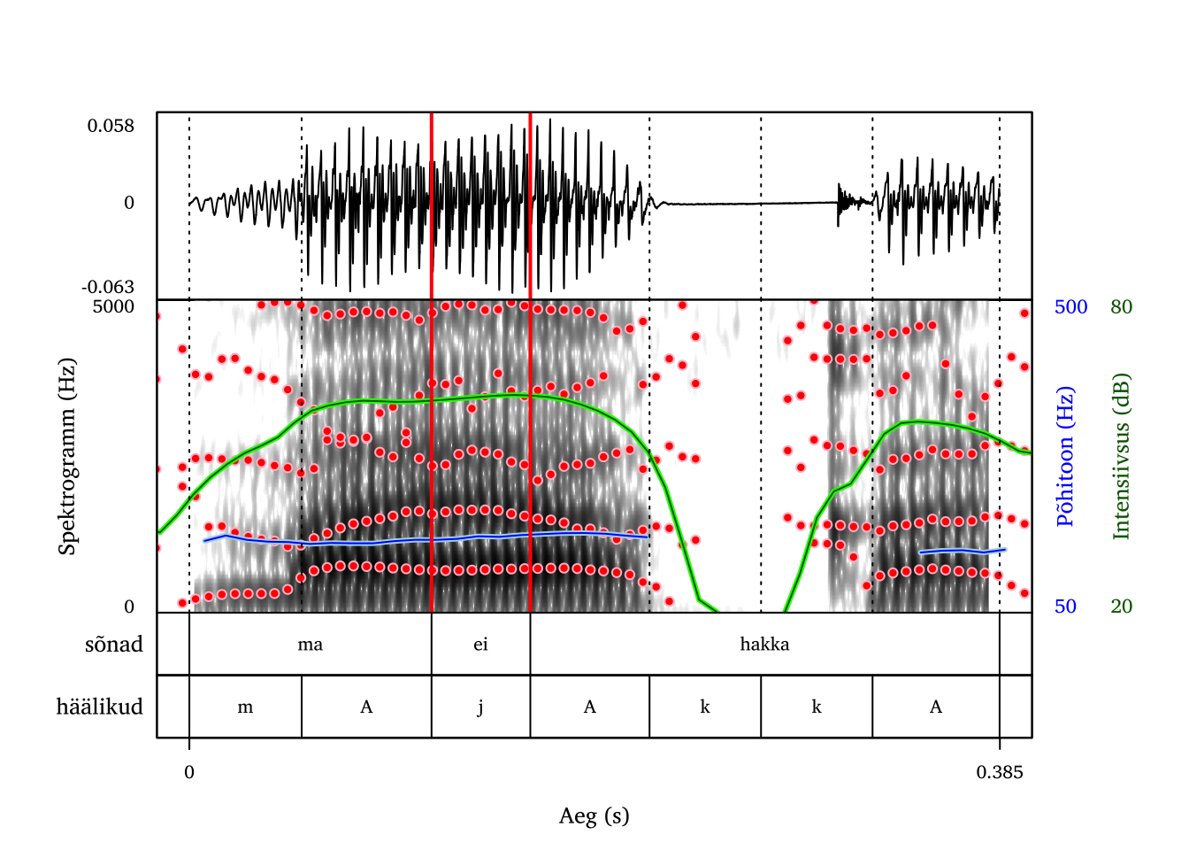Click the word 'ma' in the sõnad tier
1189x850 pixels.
click(x=311, y=645)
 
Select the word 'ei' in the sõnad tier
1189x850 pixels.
click(x=480, y=645)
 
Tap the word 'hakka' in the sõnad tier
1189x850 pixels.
click(x=764, y=645)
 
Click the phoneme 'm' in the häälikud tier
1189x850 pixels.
click(x=245, y=707)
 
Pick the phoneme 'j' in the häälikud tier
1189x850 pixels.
click(x=480, y=707)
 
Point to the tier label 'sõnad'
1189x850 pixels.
click(x=114, y=645)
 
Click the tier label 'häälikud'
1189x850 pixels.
click(x=99, y=707)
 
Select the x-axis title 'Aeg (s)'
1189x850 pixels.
click(x=594, y=815)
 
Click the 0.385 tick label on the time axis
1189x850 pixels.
click(x=1000, y=772)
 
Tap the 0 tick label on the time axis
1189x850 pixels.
click(x=189, y=772)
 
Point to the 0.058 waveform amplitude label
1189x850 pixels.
click(x=111, y=126)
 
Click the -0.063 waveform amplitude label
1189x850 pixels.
click(x=108, y=287)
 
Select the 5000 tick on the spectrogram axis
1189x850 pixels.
click(x=113, y=306)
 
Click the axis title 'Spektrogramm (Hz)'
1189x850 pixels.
click(x=67, y=456)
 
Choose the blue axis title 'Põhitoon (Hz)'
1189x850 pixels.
click(x=1065, y=456)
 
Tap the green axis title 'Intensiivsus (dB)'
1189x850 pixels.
click(x=1122, y=456)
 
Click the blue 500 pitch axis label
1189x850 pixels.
click(x=1070, y=306)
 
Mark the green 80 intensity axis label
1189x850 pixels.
click(x=1122, y=306)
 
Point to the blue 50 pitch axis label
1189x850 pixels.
click(x=1065, y=607)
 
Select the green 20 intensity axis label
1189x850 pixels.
click(x=1122, y=607)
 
